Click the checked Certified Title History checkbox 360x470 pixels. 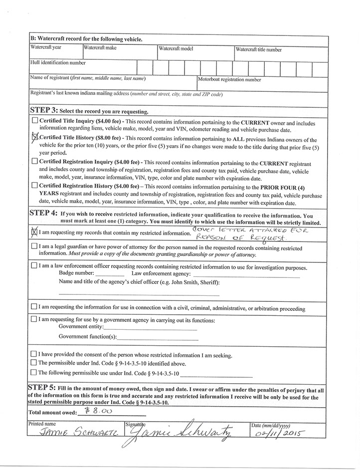pyautogui.click(x=35, y=137)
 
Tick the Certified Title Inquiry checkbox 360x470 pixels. pyautogui.click(x=34, y=121)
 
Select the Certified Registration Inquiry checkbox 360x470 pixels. pyautogui.click(x=34, y=161)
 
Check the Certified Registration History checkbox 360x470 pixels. pyautogui.click(x=34, y=185)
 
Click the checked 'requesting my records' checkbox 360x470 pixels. pyautogui.click(x=34, y=231)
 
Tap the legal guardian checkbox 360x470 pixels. pyautogui.click(x=34, y=246)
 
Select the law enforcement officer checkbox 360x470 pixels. pyautogui.click(x=34, y=266)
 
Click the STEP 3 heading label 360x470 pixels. pyautogui.click(x=44, y=110)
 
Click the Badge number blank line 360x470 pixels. pyautogui.click(x=109, y=275)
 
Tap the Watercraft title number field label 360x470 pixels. pyautogui.click(x=258, y=49)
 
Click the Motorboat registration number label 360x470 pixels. pyautogui.click(x=229, y=79)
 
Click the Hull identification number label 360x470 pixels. pyautogui.click(x=58, y=63)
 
